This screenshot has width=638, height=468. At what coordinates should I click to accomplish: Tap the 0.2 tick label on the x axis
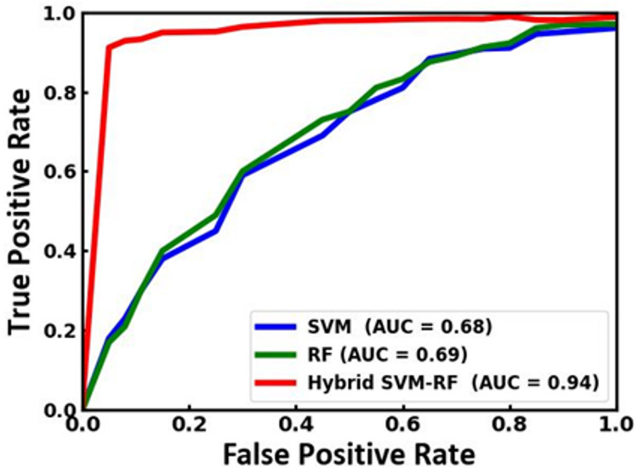pos(190,423)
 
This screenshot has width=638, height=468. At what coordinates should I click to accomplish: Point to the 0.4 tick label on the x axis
pos(296,423)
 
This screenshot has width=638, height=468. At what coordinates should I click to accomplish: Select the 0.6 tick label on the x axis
pos(402,423)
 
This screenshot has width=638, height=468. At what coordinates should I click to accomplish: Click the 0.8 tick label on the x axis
pos(509,423)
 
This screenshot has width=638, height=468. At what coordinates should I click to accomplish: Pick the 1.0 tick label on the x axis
pos(614,423)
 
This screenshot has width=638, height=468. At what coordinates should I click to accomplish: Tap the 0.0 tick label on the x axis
pos(83,423)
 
